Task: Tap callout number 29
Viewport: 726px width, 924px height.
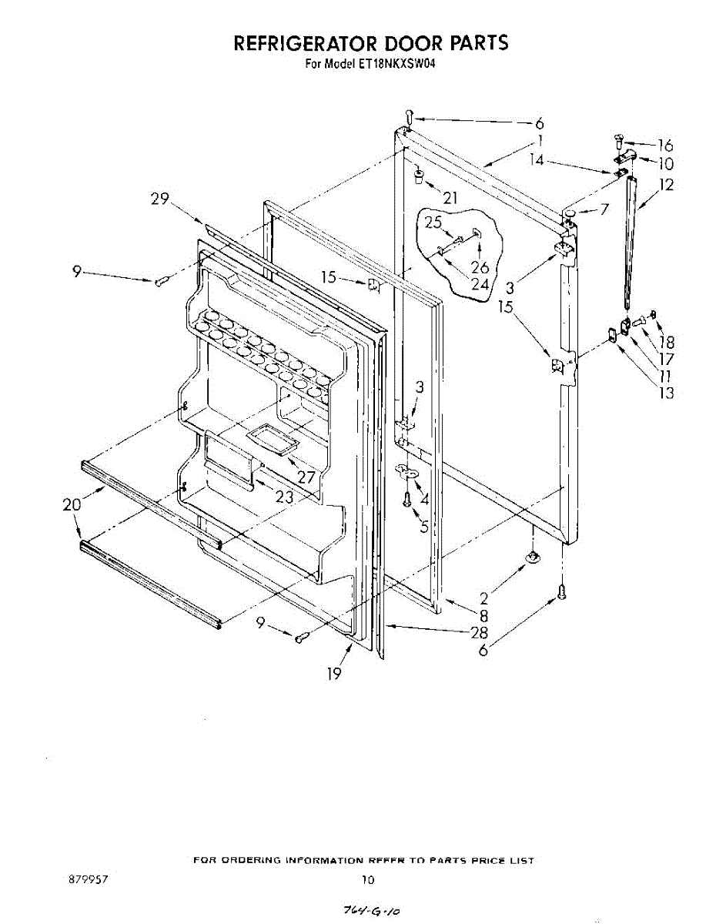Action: [x=159, y=199]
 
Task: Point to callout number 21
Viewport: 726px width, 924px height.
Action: [x=450, y=199]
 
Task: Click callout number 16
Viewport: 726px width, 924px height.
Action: [x=665, y=146]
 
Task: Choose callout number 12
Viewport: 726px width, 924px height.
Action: [x=666, y=185]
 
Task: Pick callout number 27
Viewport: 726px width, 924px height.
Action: [x=306, y=477]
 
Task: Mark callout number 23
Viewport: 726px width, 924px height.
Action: [x=285, y=497]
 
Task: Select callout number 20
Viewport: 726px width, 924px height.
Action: [x=72, y=505]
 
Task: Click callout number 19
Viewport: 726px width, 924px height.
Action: [x=333, y=674]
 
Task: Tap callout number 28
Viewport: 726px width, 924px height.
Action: [x=480, y=632]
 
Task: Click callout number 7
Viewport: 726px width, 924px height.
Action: [x=604, y=209]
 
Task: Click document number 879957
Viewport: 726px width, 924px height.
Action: [x=87, y=879]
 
